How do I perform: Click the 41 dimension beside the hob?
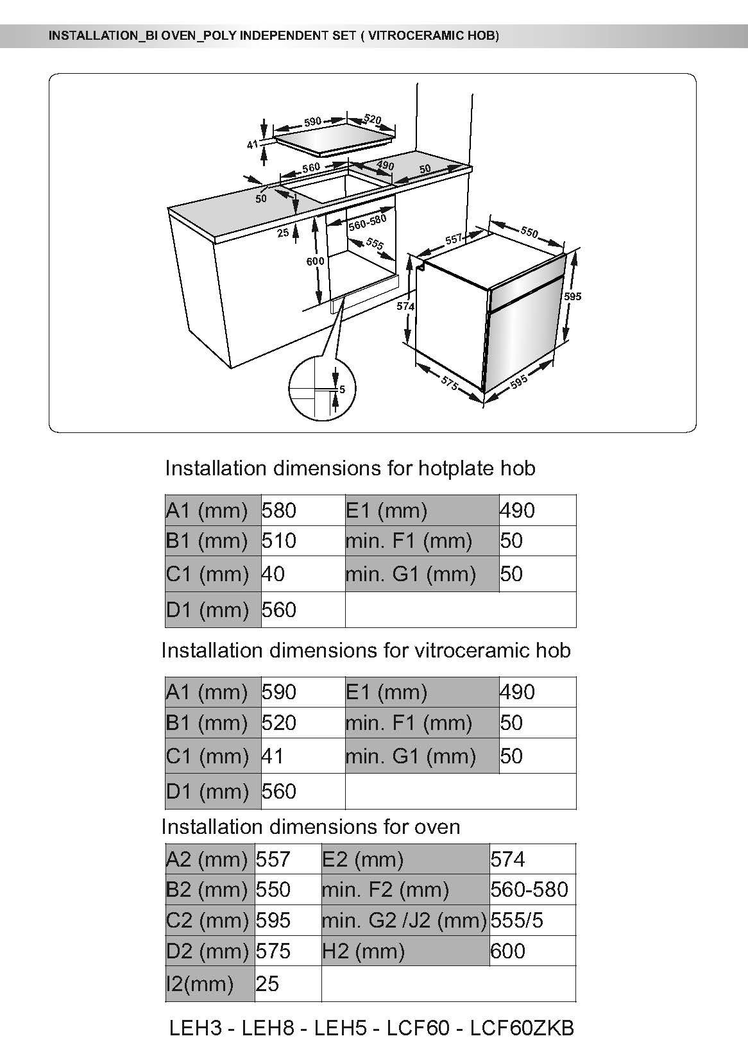tap(252, 145)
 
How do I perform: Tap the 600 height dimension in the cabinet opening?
tap(315, 261)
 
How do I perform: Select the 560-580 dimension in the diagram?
tap(368, 222)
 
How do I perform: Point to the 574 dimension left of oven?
tap(405, 307)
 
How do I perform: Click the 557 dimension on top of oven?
tap(454, 239)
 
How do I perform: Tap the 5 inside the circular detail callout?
tap(342, 389)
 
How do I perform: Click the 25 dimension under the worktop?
tap(283, 233)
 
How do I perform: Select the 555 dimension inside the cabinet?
tap(375, 244)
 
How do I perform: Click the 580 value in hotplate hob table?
tap(279, 511)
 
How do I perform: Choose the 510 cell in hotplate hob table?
tap(279, 541)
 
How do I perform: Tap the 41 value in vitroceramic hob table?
tap(273, 756)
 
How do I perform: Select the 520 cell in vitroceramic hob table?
tap(279, 723)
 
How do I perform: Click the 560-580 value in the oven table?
tap(529, 889)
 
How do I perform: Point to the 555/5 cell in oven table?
tap(517, 920)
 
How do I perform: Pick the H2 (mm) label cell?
tap(363, 951)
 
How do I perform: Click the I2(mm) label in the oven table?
tap(200, 983)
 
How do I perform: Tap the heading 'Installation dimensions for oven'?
tap(310, 826)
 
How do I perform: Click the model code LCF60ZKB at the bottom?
tap(522, 1028)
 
